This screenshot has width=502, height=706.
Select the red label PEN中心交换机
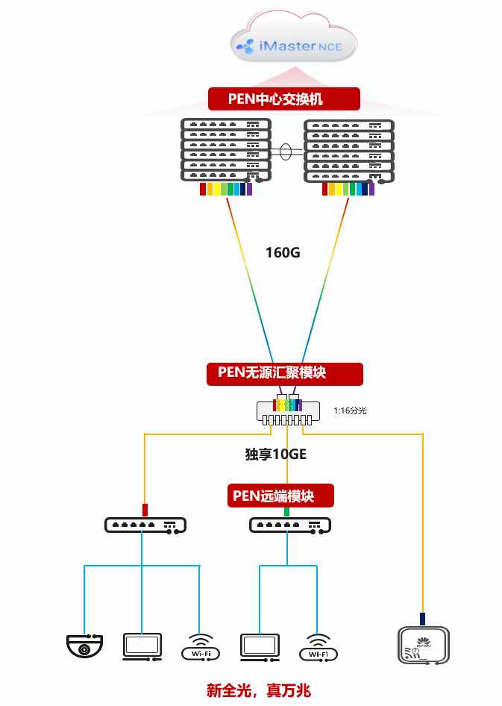[283, 99]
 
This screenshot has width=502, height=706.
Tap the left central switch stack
[226, 149]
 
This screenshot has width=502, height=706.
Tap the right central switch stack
[348, 150]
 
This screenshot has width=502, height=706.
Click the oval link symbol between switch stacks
[286, 151]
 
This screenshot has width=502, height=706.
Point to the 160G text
[283, 252]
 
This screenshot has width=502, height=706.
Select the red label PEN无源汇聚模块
[284, 373]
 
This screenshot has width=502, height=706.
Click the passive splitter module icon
[286, 412]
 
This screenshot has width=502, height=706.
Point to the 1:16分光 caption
[350, 410]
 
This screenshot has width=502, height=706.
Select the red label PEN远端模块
[280, 496]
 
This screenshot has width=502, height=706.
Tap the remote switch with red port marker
[145, 525]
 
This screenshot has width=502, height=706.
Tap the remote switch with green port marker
[289, 525]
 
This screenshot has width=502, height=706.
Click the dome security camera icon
[84, 646]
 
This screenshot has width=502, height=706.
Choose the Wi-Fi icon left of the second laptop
[201, 647]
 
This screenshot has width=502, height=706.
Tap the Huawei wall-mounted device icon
[422, 645]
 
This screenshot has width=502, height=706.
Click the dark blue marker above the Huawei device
[422, 619]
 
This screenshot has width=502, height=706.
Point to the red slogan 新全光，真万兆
[258, 690]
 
